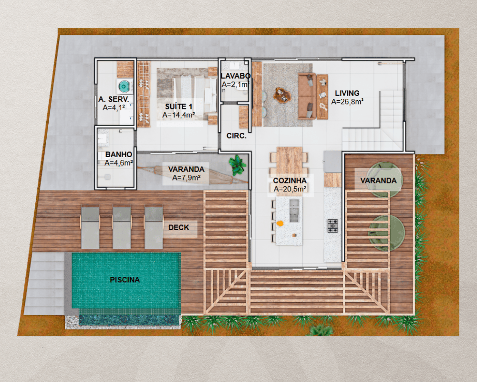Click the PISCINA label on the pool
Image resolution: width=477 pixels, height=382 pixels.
[124, 280]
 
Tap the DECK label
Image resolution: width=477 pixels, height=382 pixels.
[178, 228]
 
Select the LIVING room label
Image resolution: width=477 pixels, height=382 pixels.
[347, 93]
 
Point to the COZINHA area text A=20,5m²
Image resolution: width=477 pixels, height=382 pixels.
[290, 189]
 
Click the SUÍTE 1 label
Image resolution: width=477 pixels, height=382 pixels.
[178, 106]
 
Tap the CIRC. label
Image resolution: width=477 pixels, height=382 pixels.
[237, 136]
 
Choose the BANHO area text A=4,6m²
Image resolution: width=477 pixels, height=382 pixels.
[119, 163]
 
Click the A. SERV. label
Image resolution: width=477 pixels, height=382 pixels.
[114, 99]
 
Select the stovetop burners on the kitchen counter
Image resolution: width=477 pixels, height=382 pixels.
[332, 226]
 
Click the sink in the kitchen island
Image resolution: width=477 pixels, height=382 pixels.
[294, 210]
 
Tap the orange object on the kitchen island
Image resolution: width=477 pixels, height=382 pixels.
[280, 223]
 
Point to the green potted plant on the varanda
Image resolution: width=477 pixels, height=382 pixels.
[238, 165]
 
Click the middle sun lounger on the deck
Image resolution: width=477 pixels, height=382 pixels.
[122, 227]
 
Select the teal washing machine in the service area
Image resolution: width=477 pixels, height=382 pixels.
[124, 86]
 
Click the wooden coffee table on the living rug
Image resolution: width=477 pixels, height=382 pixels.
[282, 95]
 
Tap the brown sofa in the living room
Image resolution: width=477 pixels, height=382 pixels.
[307, 95]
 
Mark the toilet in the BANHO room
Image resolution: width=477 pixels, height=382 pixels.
[106, 177]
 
